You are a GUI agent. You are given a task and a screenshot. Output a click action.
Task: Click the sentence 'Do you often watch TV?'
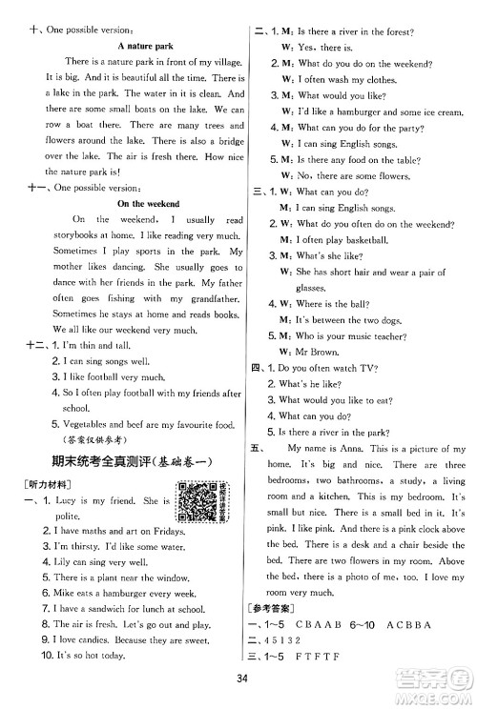click(328, 367)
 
